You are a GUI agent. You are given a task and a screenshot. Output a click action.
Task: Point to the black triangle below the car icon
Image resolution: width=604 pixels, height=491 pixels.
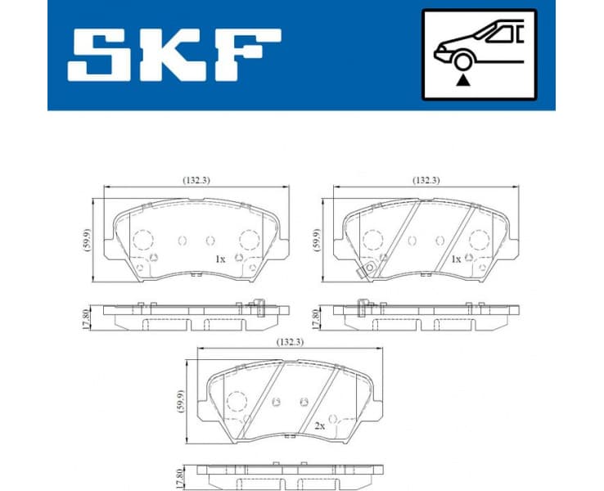click(x=465, y=80)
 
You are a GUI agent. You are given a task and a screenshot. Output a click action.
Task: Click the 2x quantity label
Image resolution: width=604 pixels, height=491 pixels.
click(x=321, y=426)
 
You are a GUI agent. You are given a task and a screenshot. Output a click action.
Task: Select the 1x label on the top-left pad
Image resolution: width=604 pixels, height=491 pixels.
click(x=219, y=259)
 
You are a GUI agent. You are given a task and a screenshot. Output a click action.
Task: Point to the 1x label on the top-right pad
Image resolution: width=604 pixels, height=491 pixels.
click(x=456, y=259)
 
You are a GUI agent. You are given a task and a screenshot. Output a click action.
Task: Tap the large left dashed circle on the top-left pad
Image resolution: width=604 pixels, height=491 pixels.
click(x=143, y=240)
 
